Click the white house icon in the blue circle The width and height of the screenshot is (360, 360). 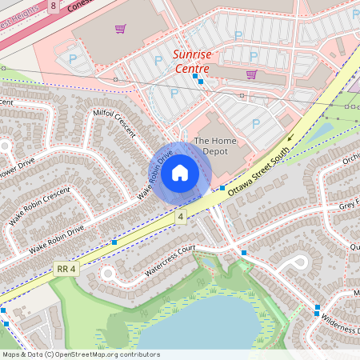[x=180, y=173]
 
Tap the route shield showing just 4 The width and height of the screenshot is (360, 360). [x=182, y=217]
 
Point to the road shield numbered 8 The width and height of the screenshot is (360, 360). [x=53, y=6]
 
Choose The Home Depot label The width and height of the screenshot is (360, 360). [x=216, y=146]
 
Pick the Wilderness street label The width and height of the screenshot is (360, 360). [x=340, y=322]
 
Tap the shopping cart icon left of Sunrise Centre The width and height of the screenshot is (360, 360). [x=120, y=30]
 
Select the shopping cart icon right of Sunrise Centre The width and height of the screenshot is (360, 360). [x=251, y=74]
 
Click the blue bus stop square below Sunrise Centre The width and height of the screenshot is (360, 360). [x=200, y=82]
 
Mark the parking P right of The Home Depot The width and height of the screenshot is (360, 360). [x=256, y=123]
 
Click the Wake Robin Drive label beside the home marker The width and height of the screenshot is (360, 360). [x=155, y=174]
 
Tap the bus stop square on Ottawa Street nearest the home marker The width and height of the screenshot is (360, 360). [x=222, y=188]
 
